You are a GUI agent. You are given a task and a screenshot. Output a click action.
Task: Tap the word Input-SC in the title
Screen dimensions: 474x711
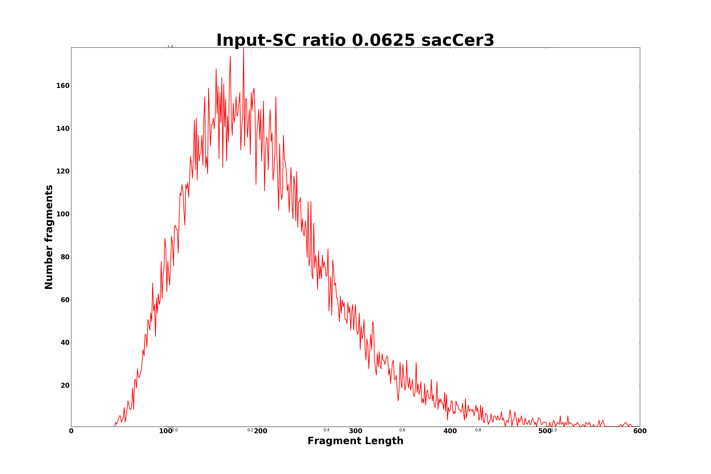pyautogui.click(x=256, y=40)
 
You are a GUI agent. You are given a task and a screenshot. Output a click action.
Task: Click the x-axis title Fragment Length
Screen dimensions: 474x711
pyautogui.click(x=355, y=441)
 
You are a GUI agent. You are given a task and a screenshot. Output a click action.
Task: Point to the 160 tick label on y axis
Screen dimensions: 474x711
pyautogui.click(x=63, y=86)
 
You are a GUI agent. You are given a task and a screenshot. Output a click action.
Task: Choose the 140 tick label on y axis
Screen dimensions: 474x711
pyautogui.click(x=63, y=129)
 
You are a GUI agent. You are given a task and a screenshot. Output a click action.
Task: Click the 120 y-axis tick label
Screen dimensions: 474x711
pyautogui.click(x=63, y=171)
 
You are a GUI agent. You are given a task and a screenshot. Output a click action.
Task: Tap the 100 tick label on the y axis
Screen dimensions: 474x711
pyautogui.click(x=63, y=214)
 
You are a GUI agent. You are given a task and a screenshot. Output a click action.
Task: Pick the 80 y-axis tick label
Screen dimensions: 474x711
pyautogui.click(x=65, y=257)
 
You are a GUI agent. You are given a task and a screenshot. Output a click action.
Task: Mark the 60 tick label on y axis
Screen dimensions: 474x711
pyautogui.click(x=65, y=300)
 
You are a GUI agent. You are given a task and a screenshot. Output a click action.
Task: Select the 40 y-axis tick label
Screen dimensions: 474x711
pyautogui.click(x=65, y=343)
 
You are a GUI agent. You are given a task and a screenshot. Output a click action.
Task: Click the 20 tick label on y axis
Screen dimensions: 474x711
pyautogui.click(x=65, y=386)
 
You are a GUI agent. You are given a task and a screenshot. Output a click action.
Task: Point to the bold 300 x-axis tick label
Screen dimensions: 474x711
pyautogui.click(x=355, y=431)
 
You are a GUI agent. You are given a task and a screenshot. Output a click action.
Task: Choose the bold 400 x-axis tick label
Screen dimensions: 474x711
pyautogui.click(x=450, y=431)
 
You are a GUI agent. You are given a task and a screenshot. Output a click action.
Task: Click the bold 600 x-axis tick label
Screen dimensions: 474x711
pyautogui.click(x=640, y=431)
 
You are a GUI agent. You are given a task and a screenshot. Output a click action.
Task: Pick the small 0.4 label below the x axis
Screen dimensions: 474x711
pyautogui.click(x=327, y=430)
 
